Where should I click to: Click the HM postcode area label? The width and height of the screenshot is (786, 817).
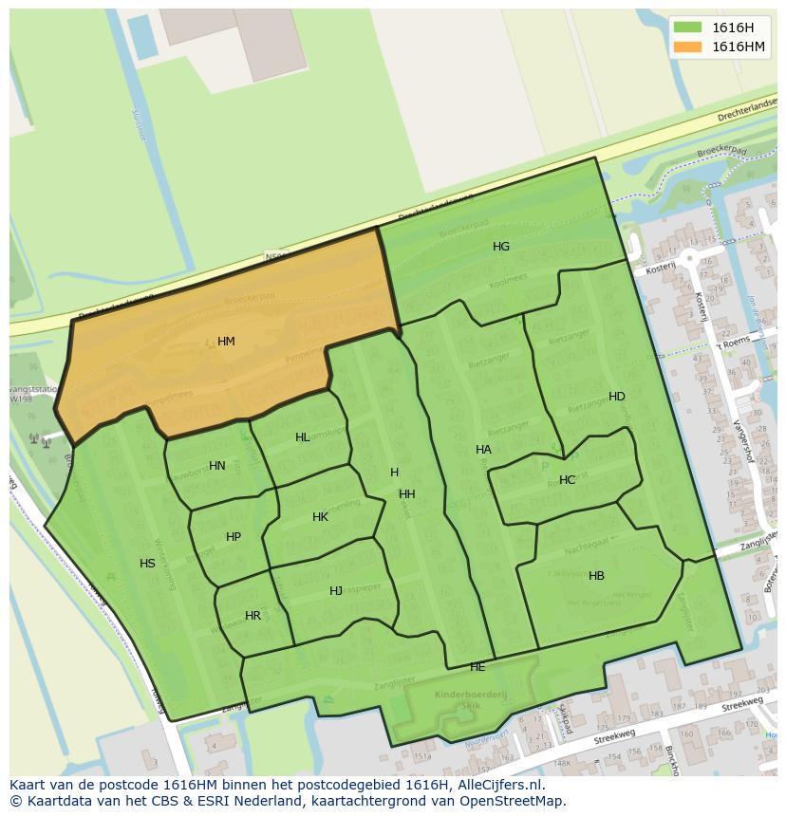[226, 342]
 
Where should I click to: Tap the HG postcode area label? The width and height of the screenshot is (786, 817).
[501, 247]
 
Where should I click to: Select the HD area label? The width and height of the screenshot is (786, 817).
[617, 397]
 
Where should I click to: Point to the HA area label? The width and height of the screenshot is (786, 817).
[483, 450]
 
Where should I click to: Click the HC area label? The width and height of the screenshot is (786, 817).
[567, 480]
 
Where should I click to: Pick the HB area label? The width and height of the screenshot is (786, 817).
[596, 576]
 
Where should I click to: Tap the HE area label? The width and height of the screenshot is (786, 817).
[477, 667]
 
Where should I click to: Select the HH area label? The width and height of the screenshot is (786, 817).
[407, 494]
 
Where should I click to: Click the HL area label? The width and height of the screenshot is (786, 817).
[302, 437]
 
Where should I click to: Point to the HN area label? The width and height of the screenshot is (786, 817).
[217, 466]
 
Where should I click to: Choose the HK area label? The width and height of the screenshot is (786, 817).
[320, 517]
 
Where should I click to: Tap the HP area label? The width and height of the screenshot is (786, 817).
[234, 537]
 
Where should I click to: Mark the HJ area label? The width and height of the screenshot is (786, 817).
[336, 591]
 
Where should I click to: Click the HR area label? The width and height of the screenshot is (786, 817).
[253, 616]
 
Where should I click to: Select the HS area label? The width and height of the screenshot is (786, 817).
[147, 564]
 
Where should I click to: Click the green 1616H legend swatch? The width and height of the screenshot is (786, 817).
[687, 28]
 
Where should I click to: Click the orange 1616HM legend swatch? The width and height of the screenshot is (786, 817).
[687, 46]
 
